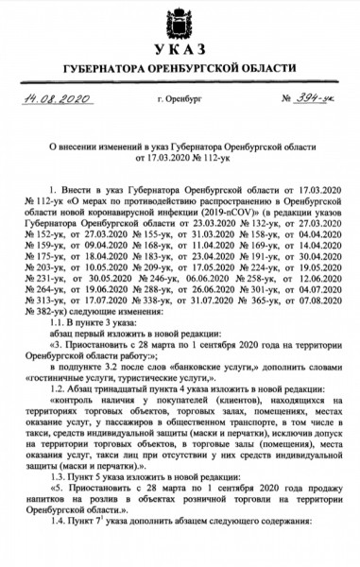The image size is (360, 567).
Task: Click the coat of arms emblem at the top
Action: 180,21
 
